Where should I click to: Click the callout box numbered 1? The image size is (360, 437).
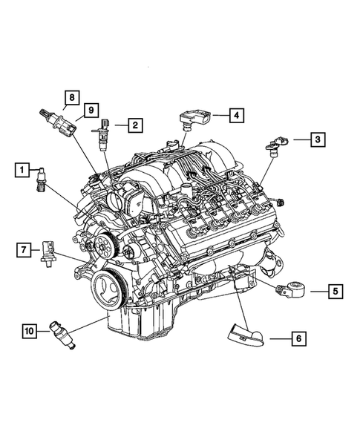pyautogui.click(x=24, y=171)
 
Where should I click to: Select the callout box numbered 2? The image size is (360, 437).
pyautogui.click(x=134, y=125)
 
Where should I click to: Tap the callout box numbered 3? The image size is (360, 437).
pyautogui.click(x=316, y=138)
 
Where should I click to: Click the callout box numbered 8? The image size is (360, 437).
pyautogui.click(x=72, y=98)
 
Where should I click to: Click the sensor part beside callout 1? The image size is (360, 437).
pyautogui.click(x=42, y=181)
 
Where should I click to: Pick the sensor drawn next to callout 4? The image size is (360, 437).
pyautogui.click(x=192, y=119)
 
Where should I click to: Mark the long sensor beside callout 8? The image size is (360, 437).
pyautogui.click(x=56, y=119)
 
